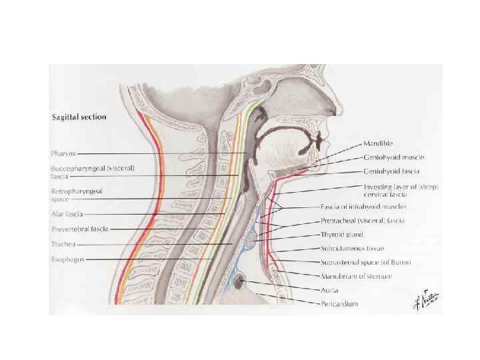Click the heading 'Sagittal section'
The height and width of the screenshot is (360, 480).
click(x=79, y=117)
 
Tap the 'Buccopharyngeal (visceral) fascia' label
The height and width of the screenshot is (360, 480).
click(x=93, y=172)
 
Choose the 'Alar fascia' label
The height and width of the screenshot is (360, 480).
click(x=67, y=214)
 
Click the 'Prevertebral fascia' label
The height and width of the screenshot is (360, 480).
click(x=80, y=229)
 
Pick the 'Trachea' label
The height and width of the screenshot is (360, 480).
click(x=65, y=244)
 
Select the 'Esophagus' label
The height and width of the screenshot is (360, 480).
click(x=68, y=259)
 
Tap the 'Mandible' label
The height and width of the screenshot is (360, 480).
click(x=378, y=143)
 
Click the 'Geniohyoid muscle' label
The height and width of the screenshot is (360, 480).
click(x=393, y=157)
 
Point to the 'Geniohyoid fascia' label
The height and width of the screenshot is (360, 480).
click(x=391, y=171)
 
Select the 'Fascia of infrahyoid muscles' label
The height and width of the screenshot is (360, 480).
click(x=363, y=207)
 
